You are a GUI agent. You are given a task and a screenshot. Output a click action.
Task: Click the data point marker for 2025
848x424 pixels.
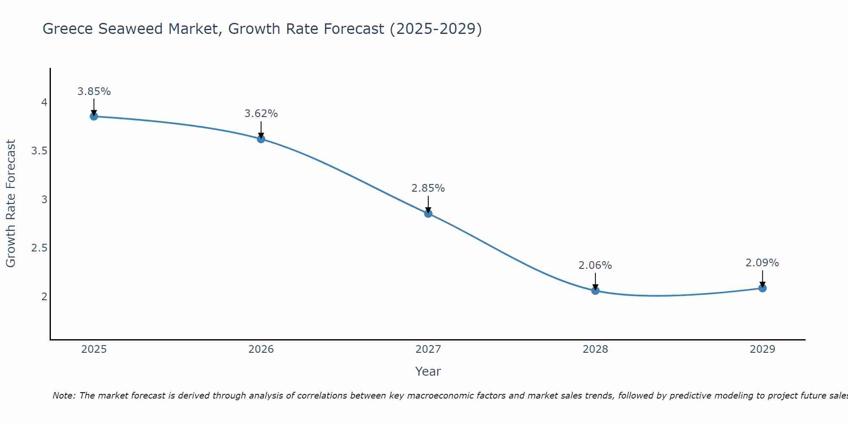[x=94, y=116]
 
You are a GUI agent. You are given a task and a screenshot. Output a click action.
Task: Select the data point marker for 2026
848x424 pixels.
[x=261, y=139]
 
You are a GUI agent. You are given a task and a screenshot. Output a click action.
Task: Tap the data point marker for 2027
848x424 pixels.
[x=428, y=213]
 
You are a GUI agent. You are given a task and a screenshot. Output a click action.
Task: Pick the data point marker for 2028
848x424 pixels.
[x=595, y=290]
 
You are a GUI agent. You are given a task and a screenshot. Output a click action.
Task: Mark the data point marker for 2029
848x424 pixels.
[x=762, y=288]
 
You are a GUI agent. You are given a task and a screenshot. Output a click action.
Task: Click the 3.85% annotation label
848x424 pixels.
[x=94, y=92]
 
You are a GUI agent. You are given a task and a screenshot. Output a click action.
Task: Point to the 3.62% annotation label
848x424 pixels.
[x=261, y=114]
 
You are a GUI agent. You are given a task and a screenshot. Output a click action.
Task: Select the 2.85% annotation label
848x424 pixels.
[x=428, y=188]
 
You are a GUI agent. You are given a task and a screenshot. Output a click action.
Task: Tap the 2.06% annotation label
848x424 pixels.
[x=595, y=265]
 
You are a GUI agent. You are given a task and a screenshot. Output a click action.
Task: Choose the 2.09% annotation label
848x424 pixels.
[x=762, y=263]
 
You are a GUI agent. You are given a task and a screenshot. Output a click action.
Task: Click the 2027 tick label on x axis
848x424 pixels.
[x=428, y=349]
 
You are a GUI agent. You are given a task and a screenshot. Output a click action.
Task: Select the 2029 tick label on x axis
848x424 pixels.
[x=762, y=349]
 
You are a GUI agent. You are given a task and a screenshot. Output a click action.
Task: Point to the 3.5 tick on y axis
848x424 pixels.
[x=39, y=151]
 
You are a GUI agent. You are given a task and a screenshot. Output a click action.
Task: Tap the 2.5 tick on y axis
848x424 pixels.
[x=39, y=248]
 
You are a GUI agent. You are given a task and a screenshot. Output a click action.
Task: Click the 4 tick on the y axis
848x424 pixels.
[x=44, y=103]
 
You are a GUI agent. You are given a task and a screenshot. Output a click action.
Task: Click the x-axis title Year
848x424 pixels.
[x=428, y=371]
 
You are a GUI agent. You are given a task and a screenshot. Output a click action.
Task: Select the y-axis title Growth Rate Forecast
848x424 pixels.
[x=11, y=204]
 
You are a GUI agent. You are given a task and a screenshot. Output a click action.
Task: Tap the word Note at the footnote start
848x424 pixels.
[x=64, y=396]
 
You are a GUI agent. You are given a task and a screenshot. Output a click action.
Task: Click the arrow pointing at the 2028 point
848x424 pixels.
[x=595, y=282]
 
